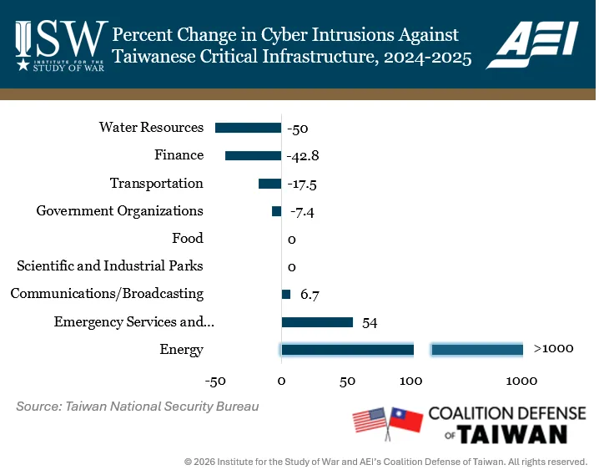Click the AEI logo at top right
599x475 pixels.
tap(537, 45)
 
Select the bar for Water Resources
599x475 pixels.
tap(248, 128)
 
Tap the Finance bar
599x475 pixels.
tap(253, 155)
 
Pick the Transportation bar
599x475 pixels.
tap(269, 184)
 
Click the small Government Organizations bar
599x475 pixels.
tap(276, 211)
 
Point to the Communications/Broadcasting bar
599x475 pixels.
tap(286, 294)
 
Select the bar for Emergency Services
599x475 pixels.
tap(317, 322)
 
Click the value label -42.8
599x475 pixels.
tap(303, 156)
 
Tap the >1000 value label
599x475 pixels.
tap(553, 348)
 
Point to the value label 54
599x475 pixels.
tap(370, 323)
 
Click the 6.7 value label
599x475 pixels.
tap(310, 295)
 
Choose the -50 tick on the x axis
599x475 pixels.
tap(215, 382)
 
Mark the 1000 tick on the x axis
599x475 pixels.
tap(521, 382)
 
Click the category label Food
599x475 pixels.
tap(187, 239)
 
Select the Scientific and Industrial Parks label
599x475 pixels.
tap(110, 266)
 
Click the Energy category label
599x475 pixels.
tap(181, 350)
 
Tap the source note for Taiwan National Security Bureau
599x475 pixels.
tap(137, 407)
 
